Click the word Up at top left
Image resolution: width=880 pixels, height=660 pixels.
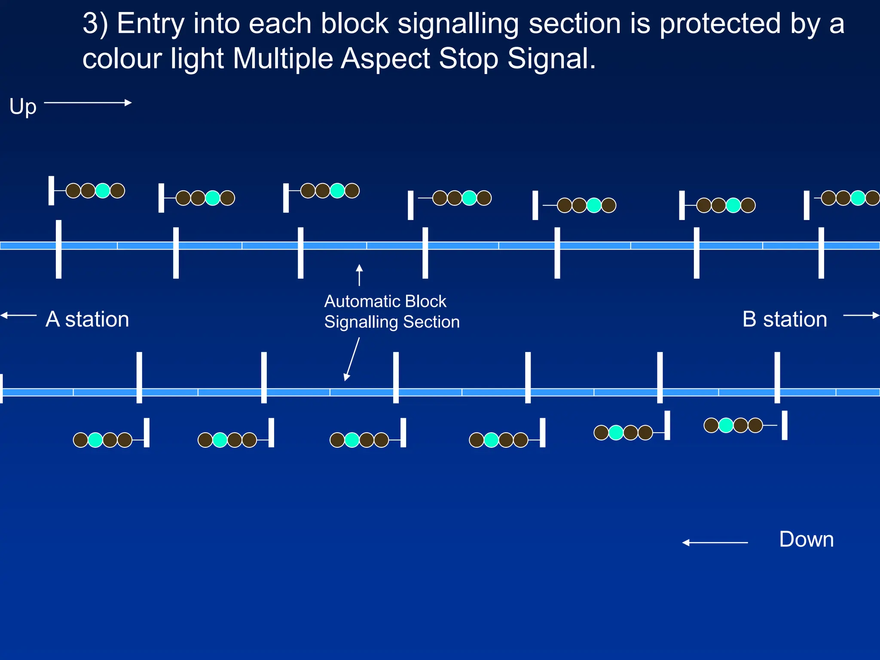pos(23,107)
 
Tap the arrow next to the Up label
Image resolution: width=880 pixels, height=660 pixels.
pos(88,103)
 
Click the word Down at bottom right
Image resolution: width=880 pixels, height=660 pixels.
pos(806,539)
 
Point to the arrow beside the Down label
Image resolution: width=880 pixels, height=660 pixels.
pos(715,543)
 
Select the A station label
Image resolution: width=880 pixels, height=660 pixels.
pos(87,319)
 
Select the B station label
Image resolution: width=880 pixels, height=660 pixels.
pos(785,319)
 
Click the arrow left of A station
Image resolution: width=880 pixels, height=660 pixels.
pos(18,315)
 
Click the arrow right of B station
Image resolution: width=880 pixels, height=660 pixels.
pos(861,315)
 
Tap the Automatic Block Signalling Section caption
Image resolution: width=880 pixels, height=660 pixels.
pos(391,312)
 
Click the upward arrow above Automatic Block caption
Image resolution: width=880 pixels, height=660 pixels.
pos(359,275)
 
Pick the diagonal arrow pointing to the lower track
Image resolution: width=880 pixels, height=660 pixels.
pos(352,359)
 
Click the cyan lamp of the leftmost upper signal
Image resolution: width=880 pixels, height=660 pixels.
pos(103,190)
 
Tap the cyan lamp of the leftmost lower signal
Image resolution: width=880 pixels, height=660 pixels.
pos(95,440)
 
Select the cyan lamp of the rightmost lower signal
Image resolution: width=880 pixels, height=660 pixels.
pos(726,425)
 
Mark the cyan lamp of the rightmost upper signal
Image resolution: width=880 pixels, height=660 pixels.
pos(858,198)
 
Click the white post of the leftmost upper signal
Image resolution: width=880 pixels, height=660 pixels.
pos(51,190)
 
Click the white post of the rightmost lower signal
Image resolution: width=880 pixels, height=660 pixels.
pos(785,425)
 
